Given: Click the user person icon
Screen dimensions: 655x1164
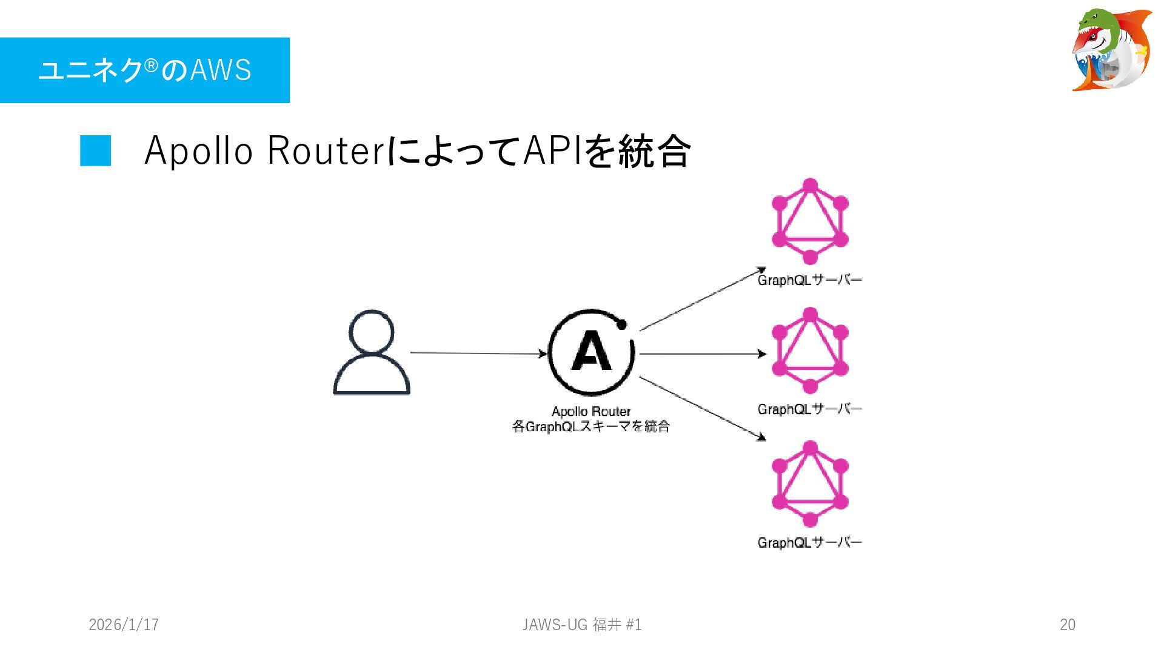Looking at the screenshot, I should pos(372,352).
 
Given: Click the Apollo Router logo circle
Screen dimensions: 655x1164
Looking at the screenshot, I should pos(591,352).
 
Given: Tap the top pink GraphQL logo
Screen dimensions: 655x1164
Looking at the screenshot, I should pos(810,221).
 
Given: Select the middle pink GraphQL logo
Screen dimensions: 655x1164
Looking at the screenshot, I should pos(810,351).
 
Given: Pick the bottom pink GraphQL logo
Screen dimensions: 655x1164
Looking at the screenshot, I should pos(810,484).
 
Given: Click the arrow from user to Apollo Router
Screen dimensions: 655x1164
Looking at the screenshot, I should pos(478,353).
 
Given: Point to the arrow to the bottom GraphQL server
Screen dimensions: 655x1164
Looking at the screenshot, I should pos(702,408).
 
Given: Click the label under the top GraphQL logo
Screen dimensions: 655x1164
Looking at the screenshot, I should pos(809,280).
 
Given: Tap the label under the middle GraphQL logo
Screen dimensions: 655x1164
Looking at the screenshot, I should pos(809,409).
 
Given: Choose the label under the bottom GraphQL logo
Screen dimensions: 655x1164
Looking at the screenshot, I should pos(809,543).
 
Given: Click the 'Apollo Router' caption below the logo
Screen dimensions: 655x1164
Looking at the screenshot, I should pos(591,412).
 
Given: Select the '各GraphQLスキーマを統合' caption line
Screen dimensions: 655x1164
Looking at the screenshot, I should pos(591,427).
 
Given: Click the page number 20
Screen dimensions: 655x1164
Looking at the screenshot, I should pos(1068,625).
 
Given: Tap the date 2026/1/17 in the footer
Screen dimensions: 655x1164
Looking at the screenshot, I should pos(124,625).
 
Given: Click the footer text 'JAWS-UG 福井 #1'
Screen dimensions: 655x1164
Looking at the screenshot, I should pos(582,625).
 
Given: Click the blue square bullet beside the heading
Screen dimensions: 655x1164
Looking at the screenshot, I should pos(96,150).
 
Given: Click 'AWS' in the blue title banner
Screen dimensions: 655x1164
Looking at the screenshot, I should pos(221,70).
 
